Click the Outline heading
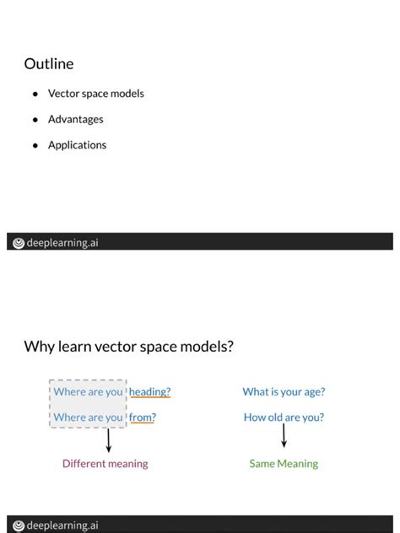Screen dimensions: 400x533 coord(49,64)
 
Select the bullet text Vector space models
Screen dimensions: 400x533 coord(95,94)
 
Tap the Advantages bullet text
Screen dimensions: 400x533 coord(75,120)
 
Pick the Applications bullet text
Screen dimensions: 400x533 coord(77,145)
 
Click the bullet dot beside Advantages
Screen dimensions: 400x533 coord(35,120)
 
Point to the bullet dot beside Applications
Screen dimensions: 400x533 coord(35,145)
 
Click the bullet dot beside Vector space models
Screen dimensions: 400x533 coord(35,94)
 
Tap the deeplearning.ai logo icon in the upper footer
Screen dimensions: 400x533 coord(18,243)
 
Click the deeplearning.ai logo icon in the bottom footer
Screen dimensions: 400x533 coord(18,525)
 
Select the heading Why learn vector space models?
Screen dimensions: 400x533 coord(128,347)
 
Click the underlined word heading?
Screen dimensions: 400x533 coord(149,392)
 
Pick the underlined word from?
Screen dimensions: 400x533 coord(142,417)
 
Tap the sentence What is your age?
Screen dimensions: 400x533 coord(284,391)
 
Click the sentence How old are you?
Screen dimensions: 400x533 coord(284,417)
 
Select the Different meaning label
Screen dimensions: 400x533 coord(105,464)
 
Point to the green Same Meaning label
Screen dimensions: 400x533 coord(284,464)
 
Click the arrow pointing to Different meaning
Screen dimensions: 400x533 coord(108,440)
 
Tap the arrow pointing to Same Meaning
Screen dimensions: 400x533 coord(284,436)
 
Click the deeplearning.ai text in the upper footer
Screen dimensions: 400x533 coord(62,243)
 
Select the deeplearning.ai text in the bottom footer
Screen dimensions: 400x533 coord(62,525)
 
